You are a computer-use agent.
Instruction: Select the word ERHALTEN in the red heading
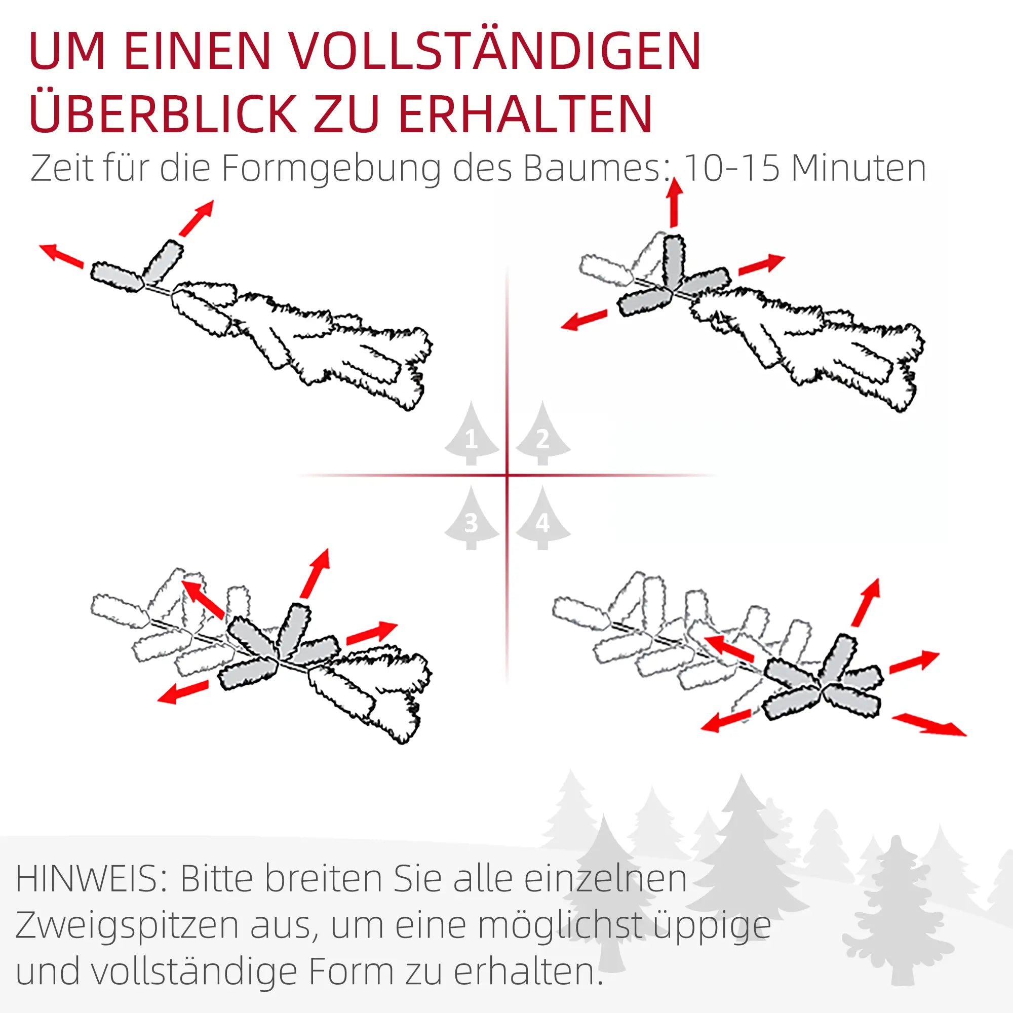pos(525,113)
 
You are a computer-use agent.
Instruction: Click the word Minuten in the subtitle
pos(860,168)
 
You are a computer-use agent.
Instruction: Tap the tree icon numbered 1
pos(472,434)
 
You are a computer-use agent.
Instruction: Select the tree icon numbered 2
pos(543,434)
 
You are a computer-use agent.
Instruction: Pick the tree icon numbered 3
pos(472,518)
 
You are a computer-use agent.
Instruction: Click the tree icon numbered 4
pos(543,518)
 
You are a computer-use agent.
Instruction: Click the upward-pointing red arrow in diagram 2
pos(675,203)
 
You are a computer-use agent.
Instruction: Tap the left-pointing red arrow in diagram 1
pos(61,256)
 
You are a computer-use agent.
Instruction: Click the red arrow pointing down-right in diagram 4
pos(928,724)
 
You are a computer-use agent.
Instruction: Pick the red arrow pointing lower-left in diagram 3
pos(183,690)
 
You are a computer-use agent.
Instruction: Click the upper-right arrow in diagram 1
pos(196,218)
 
